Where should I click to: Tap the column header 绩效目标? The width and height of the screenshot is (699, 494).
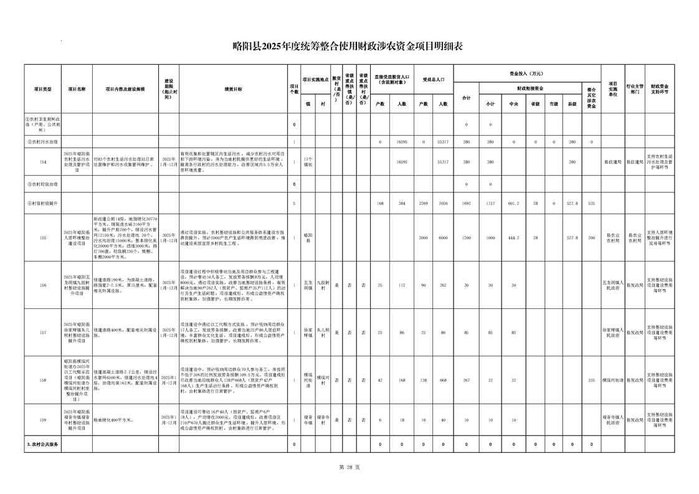tap(233, 89)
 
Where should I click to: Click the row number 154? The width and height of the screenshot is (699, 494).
tap(42, 162)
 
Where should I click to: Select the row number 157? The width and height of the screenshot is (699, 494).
tap(42, 333)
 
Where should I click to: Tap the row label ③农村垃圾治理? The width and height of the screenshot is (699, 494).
tap(42, 184)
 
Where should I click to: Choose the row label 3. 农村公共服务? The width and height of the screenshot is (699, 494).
tap(42, 445)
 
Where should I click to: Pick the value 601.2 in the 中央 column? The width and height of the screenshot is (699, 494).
tap(514, 203)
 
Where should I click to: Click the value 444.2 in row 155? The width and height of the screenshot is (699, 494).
tap(514, 238)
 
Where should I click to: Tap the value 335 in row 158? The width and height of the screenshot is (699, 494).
tap(591, 379)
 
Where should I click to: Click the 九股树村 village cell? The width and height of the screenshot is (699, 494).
tap(322, 285)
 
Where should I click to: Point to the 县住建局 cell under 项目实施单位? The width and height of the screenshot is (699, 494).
tap(612, 162)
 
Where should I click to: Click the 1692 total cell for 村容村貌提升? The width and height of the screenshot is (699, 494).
tap(466, 203)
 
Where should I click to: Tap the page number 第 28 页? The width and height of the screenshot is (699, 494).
tap(349, 467)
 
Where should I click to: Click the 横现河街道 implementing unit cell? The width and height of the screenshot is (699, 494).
tap(612, 379)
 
